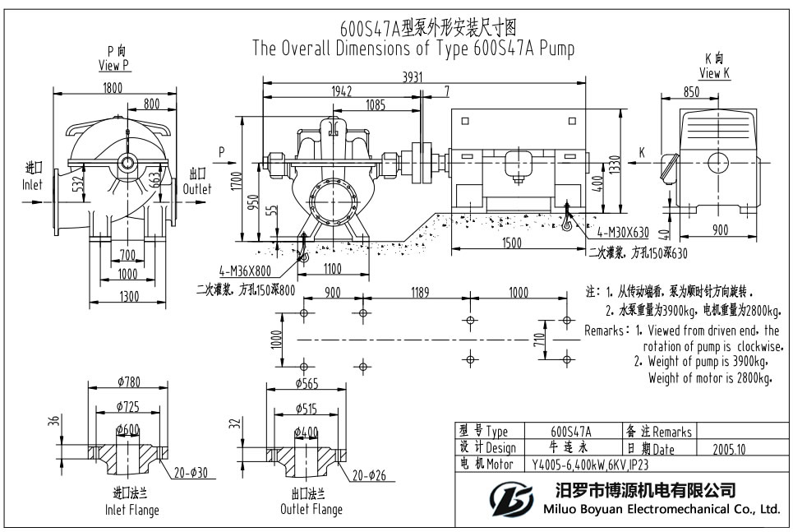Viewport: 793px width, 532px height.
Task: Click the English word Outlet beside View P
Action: pos(196,189)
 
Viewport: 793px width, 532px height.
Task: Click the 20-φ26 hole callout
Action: pos(371,476)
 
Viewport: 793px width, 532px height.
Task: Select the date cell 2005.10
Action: pos(725,449)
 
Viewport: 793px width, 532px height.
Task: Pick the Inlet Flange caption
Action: pos(131,510)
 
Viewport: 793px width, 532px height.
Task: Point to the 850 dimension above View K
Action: pos(691,92)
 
